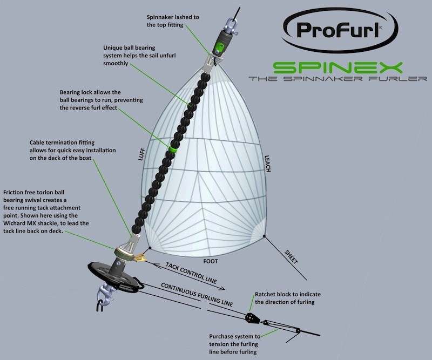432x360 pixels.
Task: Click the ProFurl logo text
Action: click(x=339, y=30)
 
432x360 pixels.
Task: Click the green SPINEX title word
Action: click(x=337, y=68)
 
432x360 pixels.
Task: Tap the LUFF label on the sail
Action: click(x=141, y=154)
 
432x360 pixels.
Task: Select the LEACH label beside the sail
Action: click(x=267, y=164)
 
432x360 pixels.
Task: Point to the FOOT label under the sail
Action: click(x=211, y=261)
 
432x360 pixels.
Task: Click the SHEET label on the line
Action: click(x=291, y=257)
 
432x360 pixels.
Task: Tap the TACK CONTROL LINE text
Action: click(x=191, y=273)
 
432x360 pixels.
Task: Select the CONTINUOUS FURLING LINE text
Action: click(x=197, y=295)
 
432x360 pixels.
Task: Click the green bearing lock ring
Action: click(x=173, y=150)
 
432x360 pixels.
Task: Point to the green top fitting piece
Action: click(x=219, y=47)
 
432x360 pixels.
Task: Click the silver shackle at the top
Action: click(x=231, y=26)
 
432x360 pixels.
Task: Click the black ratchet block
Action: click(x=252, y=318)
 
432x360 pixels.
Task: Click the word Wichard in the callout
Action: click(x=15, y=223)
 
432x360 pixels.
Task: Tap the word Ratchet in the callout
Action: click(x=265, y=294)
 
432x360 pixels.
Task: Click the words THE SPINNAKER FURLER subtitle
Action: click(x=338, y=79)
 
